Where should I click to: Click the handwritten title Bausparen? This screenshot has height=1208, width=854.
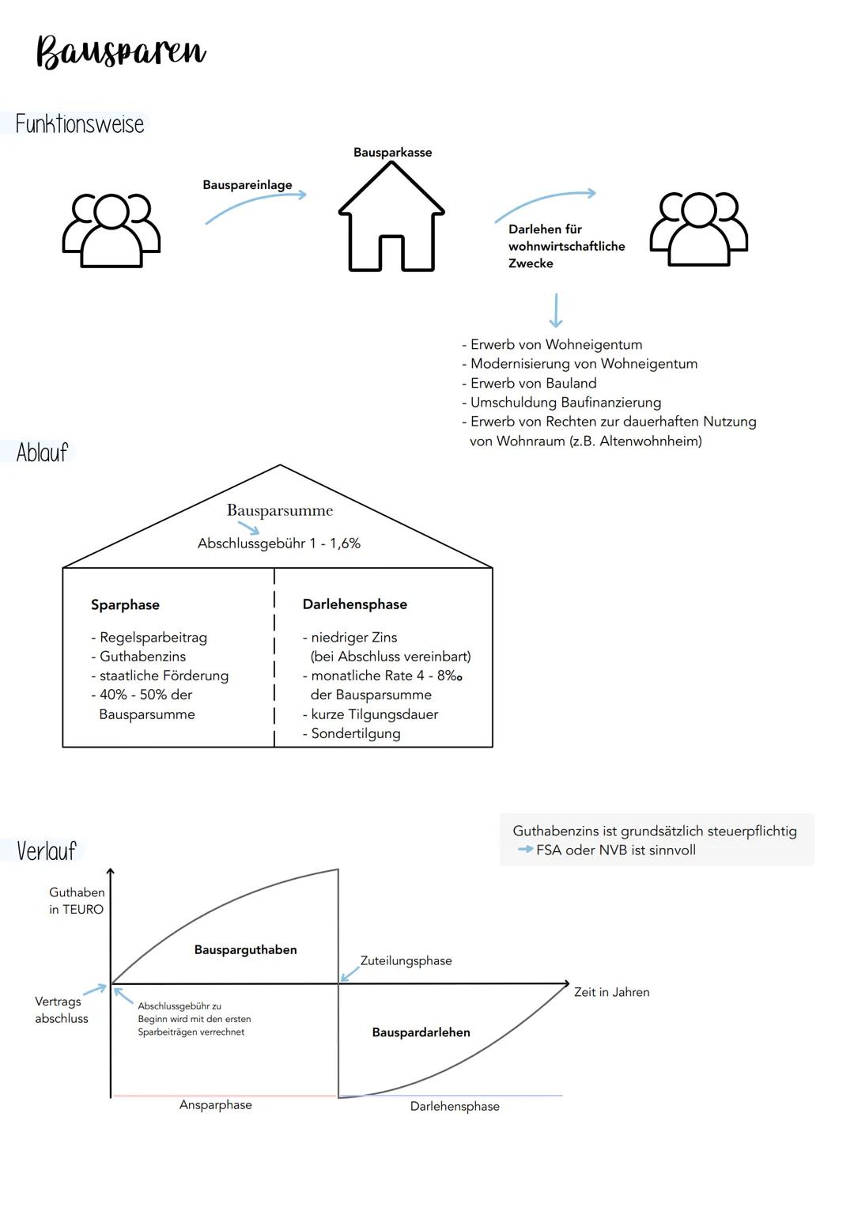click(121, 52)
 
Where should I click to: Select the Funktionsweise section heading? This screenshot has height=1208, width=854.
click(80, 124)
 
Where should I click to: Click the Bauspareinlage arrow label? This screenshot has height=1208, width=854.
click(248, 185)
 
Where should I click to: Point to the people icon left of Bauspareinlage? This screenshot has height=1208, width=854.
click(111, 229)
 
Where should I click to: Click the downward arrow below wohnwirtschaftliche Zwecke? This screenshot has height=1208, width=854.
click(556, 310)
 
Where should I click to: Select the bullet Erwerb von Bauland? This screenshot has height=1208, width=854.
click(533, 383)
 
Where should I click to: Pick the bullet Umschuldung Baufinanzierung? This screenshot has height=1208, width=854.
click(565, 403)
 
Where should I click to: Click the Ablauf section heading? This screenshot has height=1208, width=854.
click(43, 453)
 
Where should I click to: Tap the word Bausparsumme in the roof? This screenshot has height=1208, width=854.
click(280, 510)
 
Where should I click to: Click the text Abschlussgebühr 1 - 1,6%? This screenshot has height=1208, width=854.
click(279, 543)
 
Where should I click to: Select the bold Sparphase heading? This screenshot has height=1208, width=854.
click(125, 605)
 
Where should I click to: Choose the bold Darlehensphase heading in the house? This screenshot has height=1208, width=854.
click(355, 604)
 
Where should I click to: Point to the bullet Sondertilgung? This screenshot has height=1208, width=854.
click(355, 733)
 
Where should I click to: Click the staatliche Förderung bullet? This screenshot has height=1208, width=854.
click(164, 676)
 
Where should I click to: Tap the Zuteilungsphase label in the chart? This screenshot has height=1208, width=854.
click(406, 960)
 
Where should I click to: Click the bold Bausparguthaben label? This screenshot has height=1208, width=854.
click(246, 950)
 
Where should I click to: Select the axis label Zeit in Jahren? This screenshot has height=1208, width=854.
click(612, 992)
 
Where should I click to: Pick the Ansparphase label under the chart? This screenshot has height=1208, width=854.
click(216, 1105)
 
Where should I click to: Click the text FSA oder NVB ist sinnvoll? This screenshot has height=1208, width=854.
click(616, 850)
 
